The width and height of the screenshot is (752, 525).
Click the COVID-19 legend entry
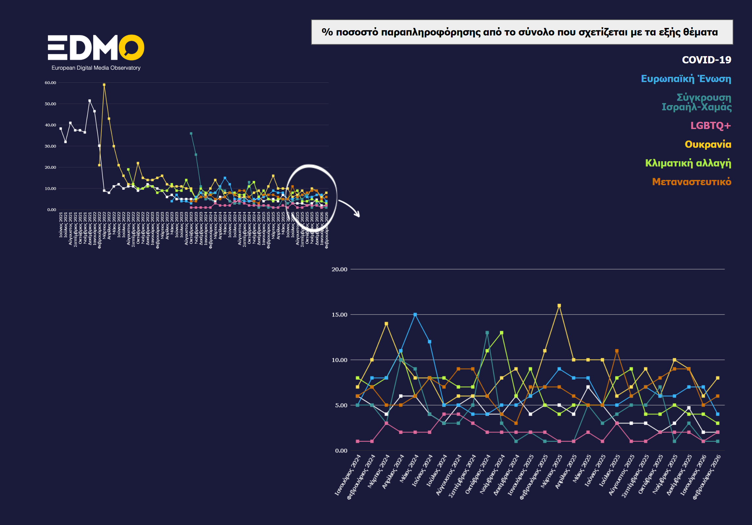[706, 60]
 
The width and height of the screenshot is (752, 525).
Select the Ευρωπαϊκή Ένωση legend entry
[686, 79]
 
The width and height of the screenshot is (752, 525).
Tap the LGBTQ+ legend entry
[710, 125]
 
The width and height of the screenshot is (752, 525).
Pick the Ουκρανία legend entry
[708, 144]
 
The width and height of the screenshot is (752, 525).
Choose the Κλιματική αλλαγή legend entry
[688, 163]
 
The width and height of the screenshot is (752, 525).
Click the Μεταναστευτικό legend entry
[691, 182]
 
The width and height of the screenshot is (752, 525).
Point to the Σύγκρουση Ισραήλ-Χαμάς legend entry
[697, 102]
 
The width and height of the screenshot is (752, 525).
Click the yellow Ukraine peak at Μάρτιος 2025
[559, 306]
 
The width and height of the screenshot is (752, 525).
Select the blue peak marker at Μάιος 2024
[415, 315]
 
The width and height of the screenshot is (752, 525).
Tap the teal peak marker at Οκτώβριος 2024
[487, 333]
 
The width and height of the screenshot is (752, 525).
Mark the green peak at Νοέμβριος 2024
[502, 333]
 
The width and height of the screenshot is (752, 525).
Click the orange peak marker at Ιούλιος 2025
[617, 351]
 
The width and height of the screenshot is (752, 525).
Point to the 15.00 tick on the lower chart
[339, 315]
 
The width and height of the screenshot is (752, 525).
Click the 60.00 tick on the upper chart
[50, 83]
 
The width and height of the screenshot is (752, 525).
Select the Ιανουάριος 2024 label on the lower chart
[348, 474]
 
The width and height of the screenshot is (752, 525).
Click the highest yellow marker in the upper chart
[104, 85]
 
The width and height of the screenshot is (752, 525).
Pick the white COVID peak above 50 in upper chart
[90, 101]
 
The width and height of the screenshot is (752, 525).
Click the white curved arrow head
[357, 215]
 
